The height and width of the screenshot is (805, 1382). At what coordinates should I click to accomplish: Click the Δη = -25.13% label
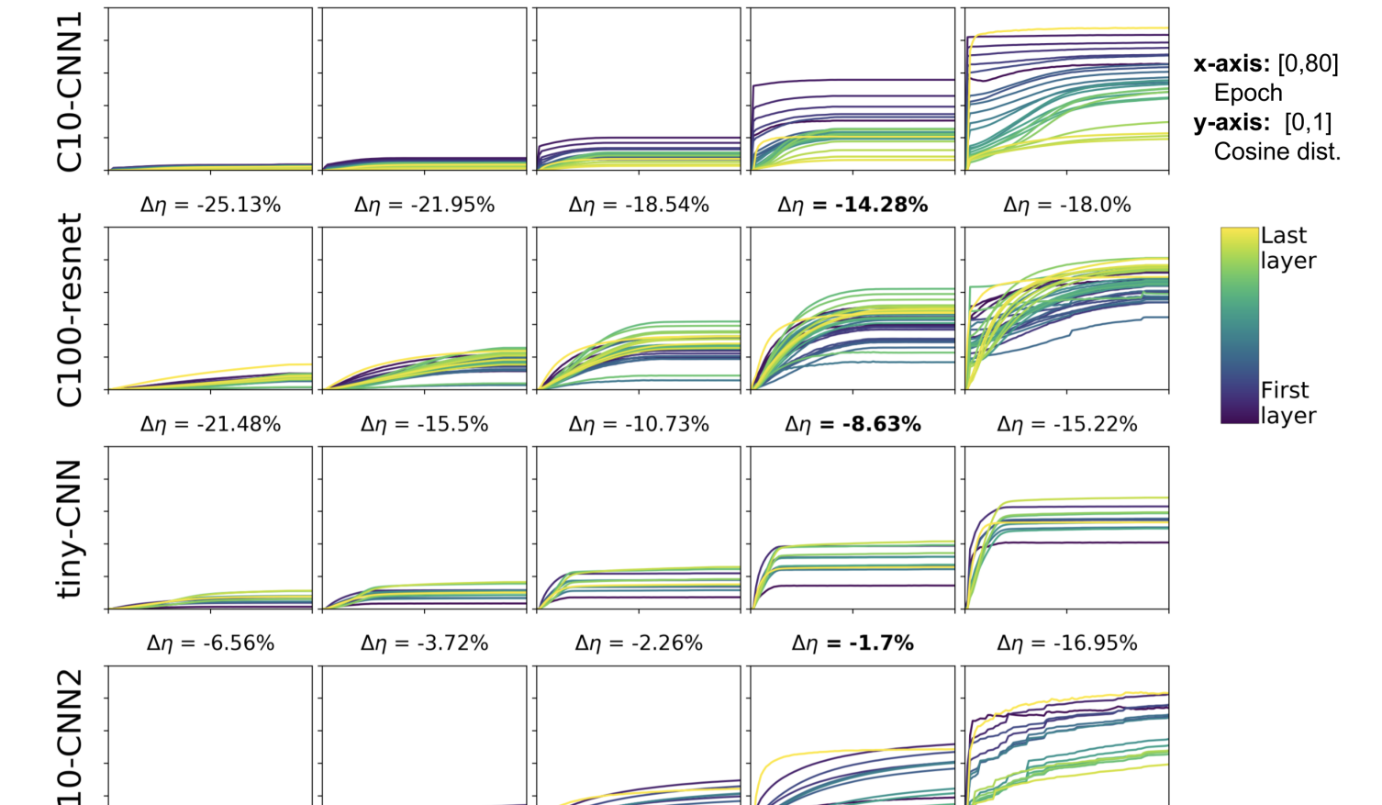click(210, 205)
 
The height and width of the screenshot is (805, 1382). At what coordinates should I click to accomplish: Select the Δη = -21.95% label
click(424, 205)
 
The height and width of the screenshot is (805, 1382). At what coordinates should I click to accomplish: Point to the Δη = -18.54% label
click(639, 205)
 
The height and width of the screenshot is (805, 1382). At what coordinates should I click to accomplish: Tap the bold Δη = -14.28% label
click(853, 205)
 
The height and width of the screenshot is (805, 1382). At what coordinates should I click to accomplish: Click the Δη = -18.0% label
click(1066, 205)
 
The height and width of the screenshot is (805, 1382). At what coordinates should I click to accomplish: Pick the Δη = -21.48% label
click(210, 424)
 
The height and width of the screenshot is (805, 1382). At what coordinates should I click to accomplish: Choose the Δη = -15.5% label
click(424, 424)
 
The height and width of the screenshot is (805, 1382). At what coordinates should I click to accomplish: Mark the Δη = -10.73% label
click(639, 424)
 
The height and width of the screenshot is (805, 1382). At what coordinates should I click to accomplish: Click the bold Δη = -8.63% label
click(853, 424)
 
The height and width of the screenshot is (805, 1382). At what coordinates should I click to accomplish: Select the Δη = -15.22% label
click(1066, 424)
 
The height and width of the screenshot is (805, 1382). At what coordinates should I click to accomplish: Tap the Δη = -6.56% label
click(210, 643)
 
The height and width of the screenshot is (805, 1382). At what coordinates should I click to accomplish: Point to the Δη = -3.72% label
click(424, 643)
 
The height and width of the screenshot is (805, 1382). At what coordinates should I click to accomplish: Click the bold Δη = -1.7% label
click(853, 643)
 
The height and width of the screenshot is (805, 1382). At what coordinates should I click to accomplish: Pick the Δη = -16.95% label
click(1066, 643)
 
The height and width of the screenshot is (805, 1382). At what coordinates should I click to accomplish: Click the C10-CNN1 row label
click(70, 92)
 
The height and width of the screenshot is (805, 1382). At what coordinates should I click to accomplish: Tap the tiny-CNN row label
click(70, 530)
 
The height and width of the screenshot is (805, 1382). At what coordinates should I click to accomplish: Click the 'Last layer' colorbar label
click(1287, 248)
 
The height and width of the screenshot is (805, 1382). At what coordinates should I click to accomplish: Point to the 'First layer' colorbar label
click(1287, 403)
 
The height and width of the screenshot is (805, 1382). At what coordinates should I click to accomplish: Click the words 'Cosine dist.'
click(1276, 151)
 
